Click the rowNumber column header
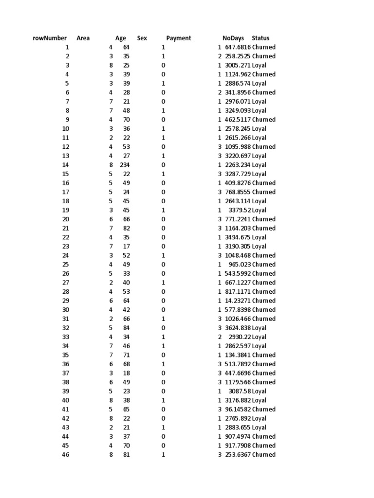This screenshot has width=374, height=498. (49, 38)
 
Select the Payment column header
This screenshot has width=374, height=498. (178, 38)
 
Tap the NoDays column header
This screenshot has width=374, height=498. (233, 38)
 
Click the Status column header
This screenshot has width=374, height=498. (261, 38)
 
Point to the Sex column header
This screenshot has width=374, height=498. (142, 38)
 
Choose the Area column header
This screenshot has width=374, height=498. (83, 38)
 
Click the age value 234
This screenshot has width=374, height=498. (125, 165)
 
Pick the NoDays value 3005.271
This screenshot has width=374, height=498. (238, 65)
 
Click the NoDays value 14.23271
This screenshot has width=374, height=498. (238, 301)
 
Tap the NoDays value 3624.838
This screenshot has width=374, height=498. (238, 328)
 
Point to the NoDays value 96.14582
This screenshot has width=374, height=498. (238, 409)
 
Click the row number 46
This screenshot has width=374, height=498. (66, 455)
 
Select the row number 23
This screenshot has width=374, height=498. (66, 247)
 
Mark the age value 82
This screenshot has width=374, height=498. (126, 228)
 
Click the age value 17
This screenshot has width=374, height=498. (126, 247)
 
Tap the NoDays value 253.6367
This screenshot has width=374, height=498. (238, 455)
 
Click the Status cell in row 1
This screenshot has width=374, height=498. (263, 47)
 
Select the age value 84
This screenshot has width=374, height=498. (126, 328)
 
